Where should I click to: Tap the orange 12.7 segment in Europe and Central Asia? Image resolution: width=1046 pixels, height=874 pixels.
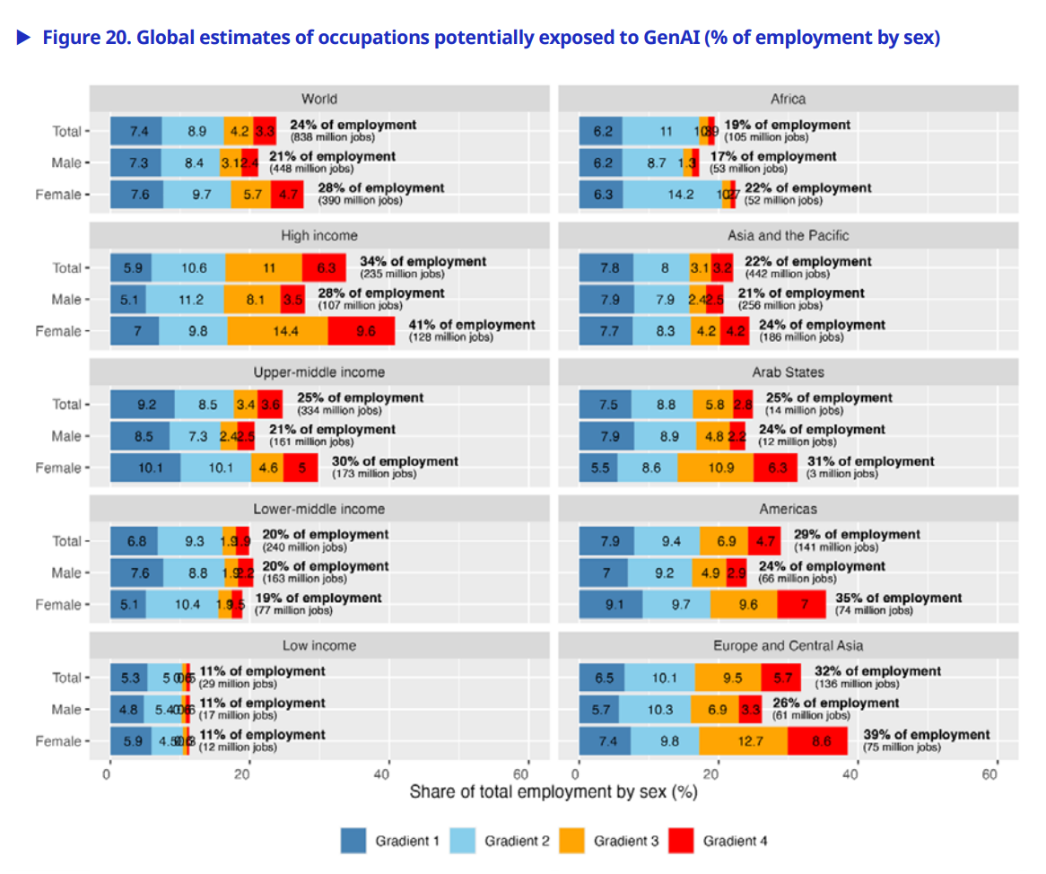(744, 741)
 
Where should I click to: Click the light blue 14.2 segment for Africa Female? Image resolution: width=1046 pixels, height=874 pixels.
(672, 195)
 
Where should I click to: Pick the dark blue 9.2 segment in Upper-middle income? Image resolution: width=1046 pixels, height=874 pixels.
(142, 405)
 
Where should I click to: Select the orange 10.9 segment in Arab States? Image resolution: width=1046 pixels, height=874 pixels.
(715, 468)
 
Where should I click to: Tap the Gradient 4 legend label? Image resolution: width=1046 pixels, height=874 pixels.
(735, 841)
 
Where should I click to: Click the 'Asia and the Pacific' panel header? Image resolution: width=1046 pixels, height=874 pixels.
(788, 235)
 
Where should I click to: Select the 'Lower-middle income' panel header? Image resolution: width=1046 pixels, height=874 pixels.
(318, 509)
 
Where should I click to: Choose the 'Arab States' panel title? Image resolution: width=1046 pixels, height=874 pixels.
(788, 371)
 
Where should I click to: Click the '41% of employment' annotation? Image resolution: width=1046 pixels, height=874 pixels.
(472, 325)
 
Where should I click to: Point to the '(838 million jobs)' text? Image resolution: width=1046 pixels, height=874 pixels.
(332, 137)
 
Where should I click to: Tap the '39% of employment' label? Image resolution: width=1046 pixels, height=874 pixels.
(927, 735)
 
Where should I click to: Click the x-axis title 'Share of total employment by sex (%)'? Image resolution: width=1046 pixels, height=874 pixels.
(553, 792)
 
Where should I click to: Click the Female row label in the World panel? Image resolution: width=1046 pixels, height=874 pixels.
(58, 195)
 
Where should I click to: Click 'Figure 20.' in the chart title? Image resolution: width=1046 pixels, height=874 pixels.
(85, 39)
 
